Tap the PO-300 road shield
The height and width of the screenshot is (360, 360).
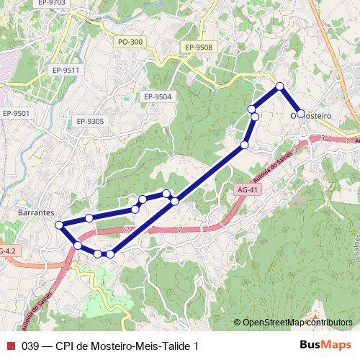tap(130, 42)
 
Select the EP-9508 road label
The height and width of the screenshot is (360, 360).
tap(199, 48)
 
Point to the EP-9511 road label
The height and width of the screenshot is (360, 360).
tap(65, 70)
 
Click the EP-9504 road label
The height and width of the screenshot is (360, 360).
tap(158, 96)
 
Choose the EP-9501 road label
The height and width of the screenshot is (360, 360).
tap(16, 113)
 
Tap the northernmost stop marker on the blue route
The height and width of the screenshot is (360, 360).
tap(279, 87)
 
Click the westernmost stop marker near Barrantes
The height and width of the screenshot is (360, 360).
tap(60, 225)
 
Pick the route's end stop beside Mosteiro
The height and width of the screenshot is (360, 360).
tap(301, 114)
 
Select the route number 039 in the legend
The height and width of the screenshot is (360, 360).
tap(30, 346)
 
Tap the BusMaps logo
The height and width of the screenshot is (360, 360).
tap(325, 345)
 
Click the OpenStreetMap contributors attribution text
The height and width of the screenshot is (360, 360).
tap(297, 322)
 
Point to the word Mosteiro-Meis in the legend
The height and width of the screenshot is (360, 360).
tap(122, 346)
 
